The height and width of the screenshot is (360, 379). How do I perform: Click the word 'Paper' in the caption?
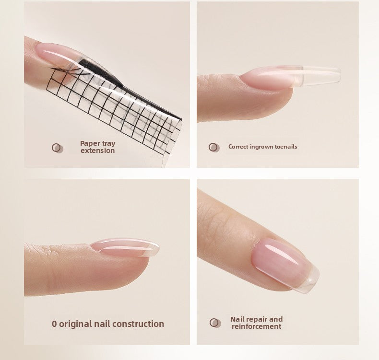click(x=90, y=143)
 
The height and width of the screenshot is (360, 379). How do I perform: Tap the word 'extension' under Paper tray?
click(x=97, y=151)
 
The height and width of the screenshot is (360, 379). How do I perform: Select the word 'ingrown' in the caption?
click(x=261, y=147)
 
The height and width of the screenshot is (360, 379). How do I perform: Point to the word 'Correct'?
click(x=238, y=147)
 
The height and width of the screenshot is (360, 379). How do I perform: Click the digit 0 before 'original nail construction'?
click(x=54, y=324)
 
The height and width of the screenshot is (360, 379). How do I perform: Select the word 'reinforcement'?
click(x=256, y=326)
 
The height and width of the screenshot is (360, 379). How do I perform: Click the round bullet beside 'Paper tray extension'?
click(x=57, y=148)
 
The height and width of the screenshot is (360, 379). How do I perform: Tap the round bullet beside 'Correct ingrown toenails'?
click(x=213, y=147)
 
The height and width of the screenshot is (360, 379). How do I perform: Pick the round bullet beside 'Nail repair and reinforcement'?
click(x=215, y=323)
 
